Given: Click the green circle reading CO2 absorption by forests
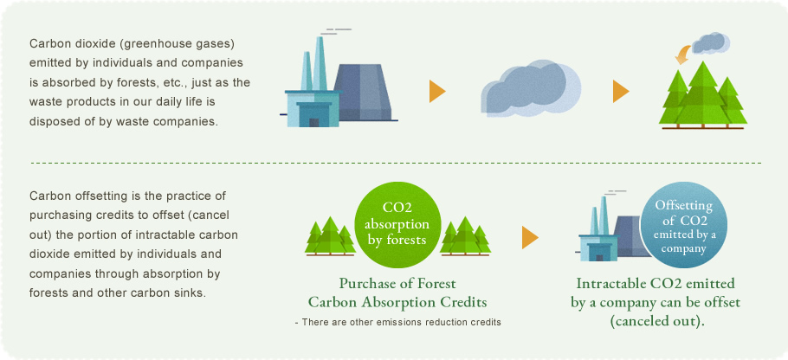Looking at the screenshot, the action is click(397, 225).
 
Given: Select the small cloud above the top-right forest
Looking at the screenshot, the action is click(710, 43).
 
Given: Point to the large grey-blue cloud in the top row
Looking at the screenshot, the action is click(531, 89).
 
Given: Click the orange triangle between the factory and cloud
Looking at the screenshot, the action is click(437, 92).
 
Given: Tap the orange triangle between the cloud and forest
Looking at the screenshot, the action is click(621, 92).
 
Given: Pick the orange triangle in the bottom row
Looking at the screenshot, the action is click(530, 237).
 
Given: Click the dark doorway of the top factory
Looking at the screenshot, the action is click(313, 123).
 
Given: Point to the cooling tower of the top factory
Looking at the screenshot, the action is click(361, 93).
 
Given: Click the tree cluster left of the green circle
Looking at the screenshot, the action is click(330, 236).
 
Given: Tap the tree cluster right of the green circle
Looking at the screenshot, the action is click(465, 236).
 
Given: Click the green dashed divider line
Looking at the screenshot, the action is click(396, 164).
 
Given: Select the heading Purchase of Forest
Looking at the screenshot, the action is click(397, 284).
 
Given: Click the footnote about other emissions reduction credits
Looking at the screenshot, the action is click(397, 322).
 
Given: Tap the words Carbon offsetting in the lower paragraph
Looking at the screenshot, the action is click(68, 196).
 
